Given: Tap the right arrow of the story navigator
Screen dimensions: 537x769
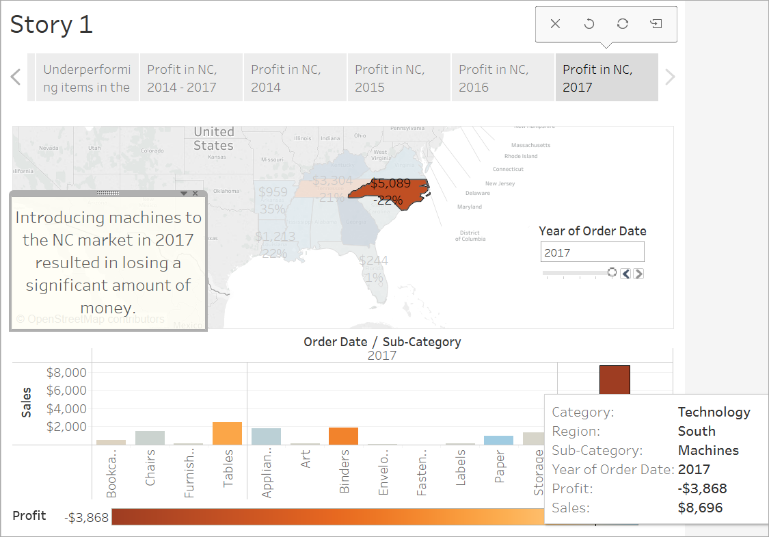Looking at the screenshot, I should tap(670, 77).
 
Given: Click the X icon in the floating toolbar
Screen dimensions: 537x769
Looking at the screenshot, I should tap(555, 24).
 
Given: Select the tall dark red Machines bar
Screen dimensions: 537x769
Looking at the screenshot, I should tap(615, 380).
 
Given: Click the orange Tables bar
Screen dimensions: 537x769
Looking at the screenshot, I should tap(228, 434).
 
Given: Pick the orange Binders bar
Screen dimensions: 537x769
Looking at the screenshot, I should tap(343, 436).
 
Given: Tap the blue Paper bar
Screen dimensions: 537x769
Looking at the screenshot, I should tap(498, 440).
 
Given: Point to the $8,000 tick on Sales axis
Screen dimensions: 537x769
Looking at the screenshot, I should tap(66, 373).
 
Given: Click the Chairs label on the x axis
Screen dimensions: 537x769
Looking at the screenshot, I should tap(150, 468).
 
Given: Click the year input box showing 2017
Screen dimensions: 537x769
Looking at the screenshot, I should tap(592, 252).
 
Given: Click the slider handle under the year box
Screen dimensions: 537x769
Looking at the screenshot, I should tap(612, 272).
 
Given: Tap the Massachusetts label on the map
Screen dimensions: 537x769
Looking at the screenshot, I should tap(530, 145).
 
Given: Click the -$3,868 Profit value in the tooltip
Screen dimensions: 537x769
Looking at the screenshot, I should tap(702, 488).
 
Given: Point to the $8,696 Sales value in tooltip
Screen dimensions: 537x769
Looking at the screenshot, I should tap(700, 508).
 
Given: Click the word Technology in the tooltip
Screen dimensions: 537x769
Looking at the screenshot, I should tap(714, 412).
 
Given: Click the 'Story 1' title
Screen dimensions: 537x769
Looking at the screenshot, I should tap(52, 25).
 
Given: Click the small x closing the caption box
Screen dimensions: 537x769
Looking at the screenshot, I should tap(195, 194).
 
